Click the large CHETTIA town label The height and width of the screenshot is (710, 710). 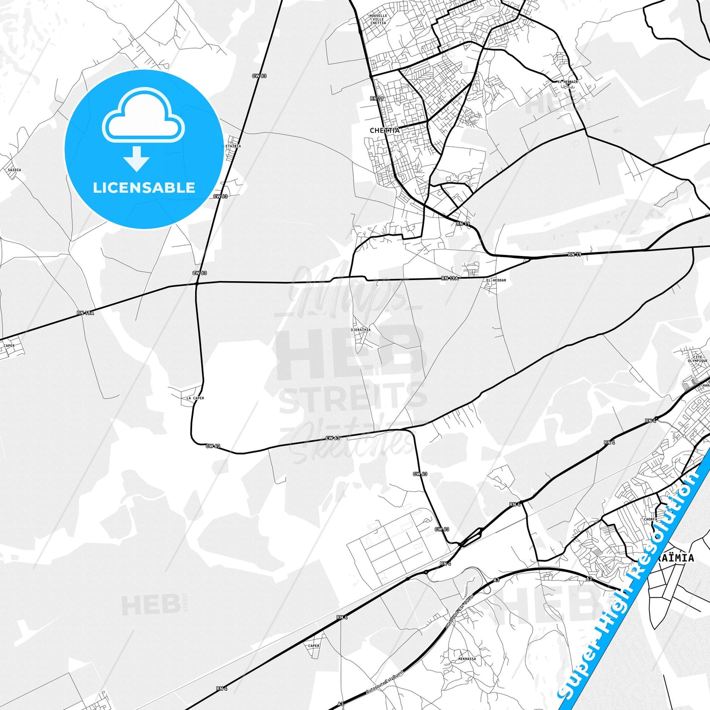click(x=385, y=131)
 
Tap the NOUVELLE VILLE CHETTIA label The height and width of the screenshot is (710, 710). click(x=378, y=19)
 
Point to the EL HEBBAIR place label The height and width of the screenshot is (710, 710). click(x=568, y=82)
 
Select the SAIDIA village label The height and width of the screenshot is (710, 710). click(x=14, y=170)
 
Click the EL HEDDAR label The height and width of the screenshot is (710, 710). click(x=496, y=281)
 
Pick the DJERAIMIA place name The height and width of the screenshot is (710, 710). click(x=361, y=330)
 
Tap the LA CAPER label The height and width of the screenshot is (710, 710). click(x=195, y=398)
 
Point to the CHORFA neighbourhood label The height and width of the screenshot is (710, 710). click(x=650, y=519)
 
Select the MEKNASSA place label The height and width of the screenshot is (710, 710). click(x=467, y=659)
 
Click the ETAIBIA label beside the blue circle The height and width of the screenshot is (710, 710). click(x=233, y=146)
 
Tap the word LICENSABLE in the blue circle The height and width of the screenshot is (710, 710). click(x=144, y=188)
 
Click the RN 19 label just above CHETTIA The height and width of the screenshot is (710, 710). click(x=377, y=99)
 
